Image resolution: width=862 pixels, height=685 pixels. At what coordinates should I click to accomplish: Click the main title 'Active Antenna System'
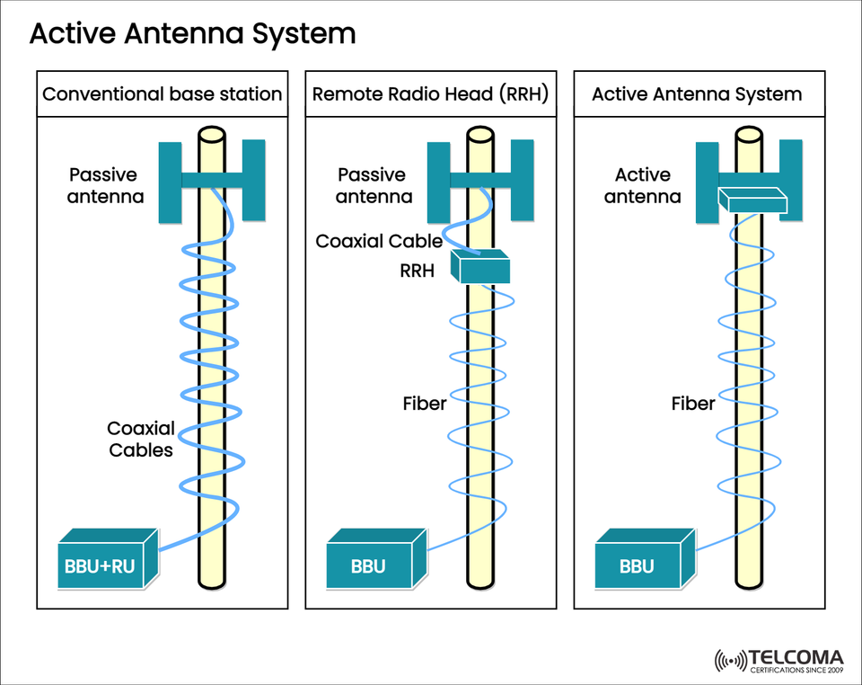[x=192, y=34]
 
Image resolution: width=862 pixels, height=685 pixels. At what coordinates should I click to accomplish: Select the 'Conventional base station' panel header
[x=163, y=94]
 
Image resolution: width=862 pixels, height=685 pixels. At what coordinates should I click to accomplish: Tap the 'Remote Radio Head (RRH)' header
[x=430, y=94]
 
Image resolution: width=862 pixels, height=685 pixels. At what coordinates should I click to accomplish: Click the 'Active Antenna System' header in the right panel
[x=697, y=94]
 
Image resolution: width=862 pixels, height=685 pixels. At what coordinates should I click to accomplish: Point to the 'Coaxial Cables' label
[x=141, y=440]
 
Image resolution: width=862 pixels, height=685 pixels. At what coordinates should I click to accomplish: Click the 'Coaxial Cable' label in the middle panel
[x=379, y=241]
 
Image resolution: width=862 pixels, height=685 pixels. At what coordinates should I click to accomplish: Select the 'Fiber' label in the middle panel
[x=425, y=404]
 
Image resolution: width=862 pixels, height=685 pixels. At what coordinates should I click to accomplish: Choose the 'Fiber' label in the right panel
[x=693, y=404]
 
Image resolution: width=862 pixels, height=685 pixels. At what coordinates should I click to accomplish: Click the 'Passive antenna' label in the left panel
[x=105, y=185]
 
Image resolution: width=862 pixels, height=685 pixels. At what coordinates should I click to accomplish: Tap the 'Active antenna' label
[x=642, y=185]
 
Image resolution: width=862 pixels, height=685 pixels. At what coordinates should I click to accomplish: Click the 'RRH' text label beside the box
[x=418, y=269]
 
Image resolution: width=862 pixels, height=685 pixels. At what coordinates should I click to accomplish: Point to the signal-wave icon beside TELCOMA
[x=729, y=661]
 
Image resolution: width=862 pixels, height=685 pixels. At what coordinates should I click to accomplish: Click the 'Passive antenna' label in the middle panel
[x=373, y=185]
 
